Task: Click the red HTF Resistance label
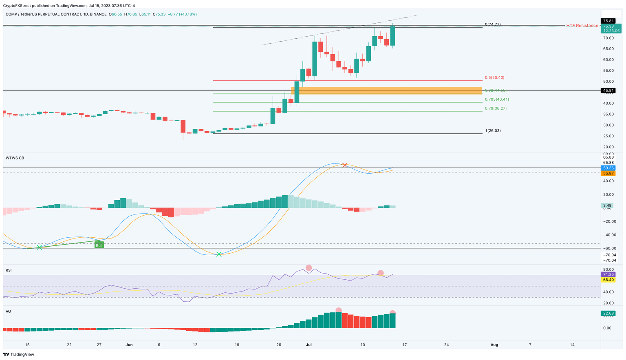(582, 26)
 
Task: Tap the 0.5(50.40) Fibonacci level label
(494, 77)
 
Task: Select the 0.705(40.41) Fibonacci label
(497, 99)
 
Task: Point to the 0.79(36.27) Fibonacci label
(496, 108)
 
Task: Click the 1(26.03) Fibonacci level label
(493, 131)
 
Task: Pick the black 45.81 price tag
(608, 91)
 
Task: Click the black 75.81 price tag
(608, 21)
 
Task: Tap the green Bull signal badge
(99, 245)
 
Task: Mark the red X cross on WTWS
(345, 165)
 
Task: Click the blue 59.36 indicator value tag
(608, 168)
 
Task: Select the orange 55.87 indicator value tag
(608, 173)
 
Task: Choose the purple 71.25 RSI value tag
(608, 275)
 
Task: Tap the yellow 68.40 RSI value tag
(608, 280)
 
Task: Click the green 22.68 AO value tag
(608, 314)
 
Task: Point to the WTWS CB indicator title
(15, 158)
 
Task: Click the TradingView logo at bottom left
(19, 354)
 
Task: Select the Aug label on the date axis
(494, 345)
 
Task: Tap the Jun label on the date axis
(129, 345)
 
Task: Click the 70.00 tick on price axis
(608, 38)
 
